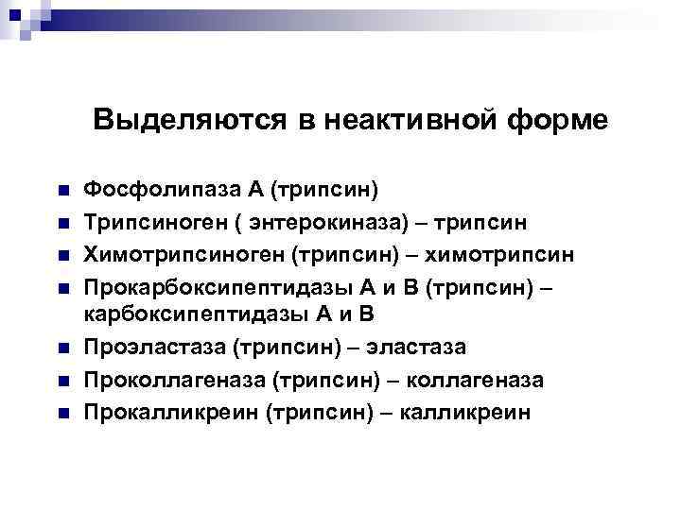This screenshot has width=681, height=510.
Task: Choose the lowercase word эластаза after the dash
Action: (x=417, y=348)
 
